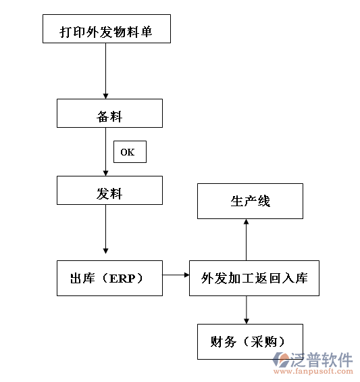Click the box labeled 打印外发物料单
pos(106,31)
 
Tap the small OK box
pos(129,152)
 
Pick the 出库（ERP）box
pos(109,278)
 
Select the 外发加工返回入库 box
pos(254,278)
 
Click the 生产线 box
pos(250,201)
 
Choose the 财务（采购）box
pos(250,341)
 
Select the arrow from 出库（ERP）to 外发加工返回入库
pos(176,275)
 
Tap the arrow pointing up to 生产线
pos(246,239)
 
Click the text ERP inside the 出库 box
pos(126,278)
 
